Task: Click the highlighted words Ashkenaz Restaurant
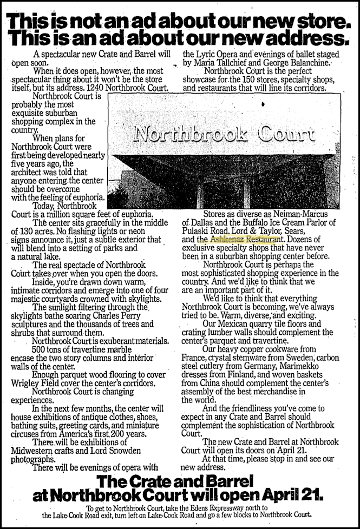pyautogui.click(x=246, y=238)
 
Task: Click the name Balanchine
pyautogui.click(x=305, y=63)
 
